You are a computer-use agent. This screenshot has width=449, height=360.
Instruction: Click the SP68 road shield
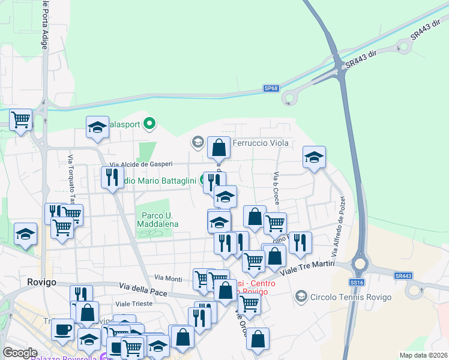271,88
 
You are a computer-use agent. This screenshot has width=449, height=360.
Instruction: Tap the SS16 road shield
357,282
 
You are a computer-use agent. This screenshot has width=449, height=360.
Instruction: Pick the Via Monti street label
168,278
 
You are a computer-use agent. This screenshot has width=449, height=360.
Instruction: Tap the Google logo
20,353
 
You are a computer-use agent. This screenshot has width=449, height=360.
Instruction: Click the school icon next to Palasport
97,127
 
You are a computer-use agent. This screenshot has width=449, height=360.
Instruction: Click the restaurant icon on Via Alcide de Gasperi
112,177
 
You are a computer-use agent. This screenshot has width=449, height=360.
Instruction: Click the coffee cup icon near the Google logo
62,329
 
